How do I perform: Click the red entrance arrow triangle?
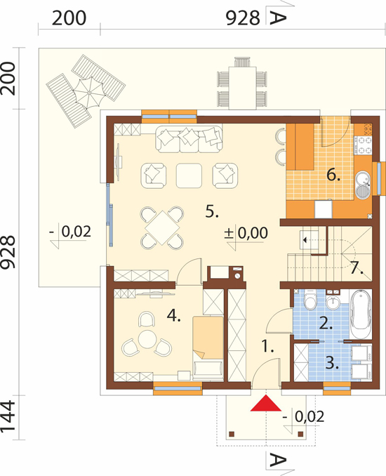click(266, 403)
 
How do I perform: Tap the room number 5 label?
click(212, 211)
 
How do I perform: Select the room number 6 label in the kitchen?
click(333, 175)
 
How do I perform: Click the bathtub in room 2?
click(361, 314)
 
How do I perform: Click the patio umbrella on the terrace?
click(90, 91)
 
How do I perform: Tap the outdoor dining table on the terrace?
click(242, 88)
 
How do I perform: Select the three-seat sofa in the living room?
click(189, 139)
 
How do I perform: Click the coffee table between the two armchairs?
click(189, 176)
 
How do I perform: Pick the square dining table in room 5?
click(162, 227)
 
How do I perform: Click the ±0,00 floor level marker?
click(246, 233)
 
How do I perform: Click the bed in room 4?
click(208, 348)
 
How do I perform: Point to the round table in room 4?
click(147, 338)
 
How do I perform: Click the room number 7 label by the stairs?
click(357, 267)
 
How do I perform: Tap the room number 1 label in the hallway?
click(267, 346)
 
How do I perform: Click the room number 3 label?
click(332, 362)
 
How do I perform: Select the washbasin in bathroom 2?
click(333, 301)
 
